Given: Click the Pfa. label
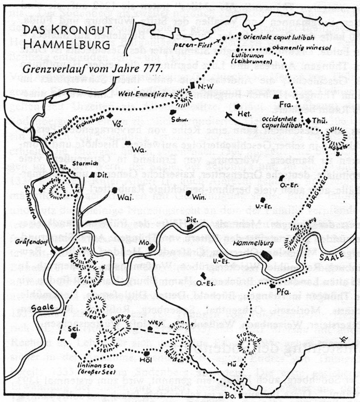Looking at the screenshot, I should pyautogui.click(x=282, y=292).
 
